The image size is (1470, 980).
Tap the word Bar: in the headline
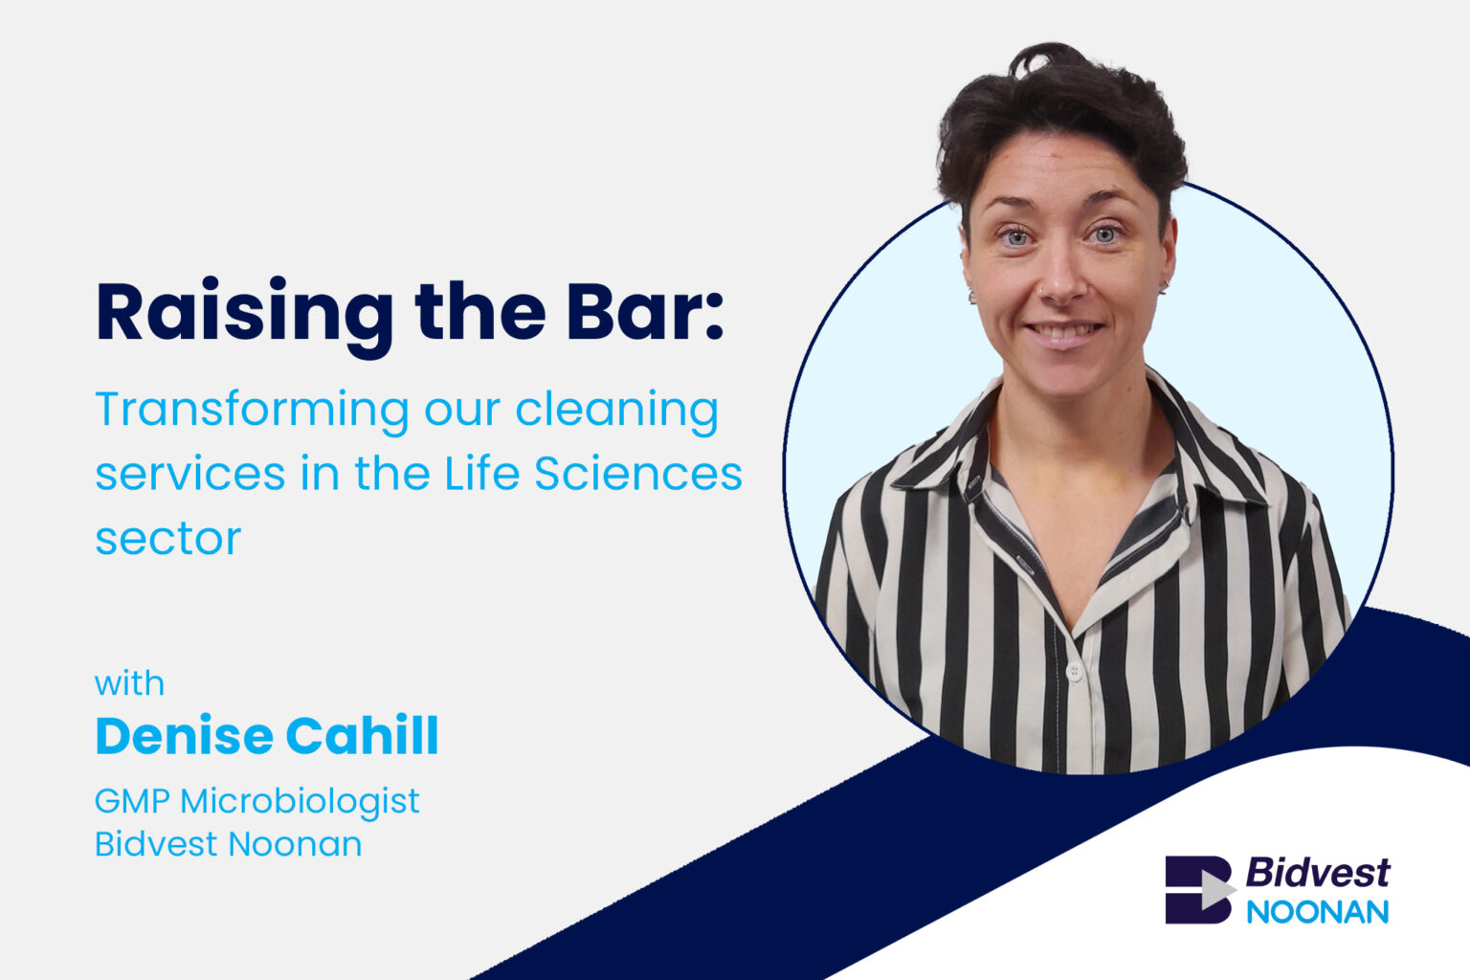pos(644,310)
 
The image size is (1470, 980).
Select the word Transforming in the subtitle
pos(253,412)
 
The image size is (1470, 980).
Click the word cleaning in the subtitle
pos(617,412)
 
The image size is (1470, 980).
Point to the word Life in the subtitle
pos(481,472)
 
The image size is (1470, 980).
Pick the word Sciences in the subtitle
pos(638,472)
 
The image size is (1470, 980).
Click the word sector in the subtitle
pos(168,539)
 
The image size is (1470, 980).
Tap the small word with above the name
pos(129,683)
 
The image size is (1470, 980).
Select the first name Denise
pos(185,735)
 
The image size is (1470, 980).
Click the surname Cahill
pos(363,735)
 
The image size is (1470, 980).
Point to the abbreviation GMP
pos(132,801)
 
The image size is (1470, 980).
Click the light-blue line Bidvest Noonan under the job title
pos(229,843)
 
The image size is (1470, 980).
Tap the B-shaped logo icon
pos(1200,889)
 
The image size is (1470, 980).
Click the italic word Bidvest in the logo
pos(1317,873)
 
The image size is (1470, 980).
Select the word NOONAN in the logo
pos(1317,912)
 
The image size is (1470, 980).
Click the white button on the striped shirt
pos(1075,672)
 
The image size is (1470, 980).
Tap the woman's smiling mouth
pos(1064,330)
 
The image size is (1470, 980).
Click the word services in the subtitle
pos(190,474)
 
